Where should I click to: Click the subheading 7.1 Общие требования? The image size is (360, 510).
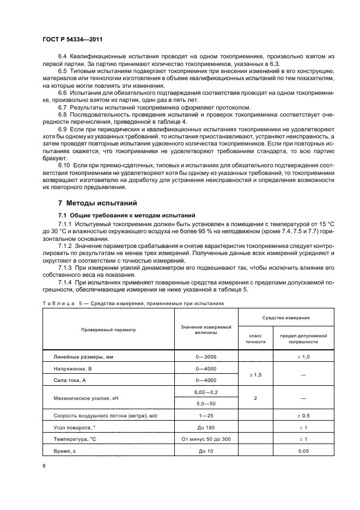click(x=123, y=215)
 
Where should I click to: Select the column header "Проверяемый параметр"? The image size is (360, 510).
click(x=108, y=330)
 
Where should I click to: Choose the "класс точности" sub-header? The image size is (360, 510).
click(x=255, y=338)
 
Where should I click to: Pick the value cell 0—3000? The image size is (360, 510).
click(x=206, y=356)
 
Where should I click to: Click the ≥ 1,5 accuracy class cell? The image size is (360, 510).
click(x=255, y=375)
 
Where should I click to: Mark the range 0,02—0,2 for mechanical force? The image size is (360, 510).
click(x=206, y=392)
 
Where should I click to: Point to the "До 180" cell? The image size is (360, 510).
click(x=206, y=428)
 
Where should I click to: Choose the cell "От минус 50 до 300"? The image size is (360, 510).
click(x=206, y=439)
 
